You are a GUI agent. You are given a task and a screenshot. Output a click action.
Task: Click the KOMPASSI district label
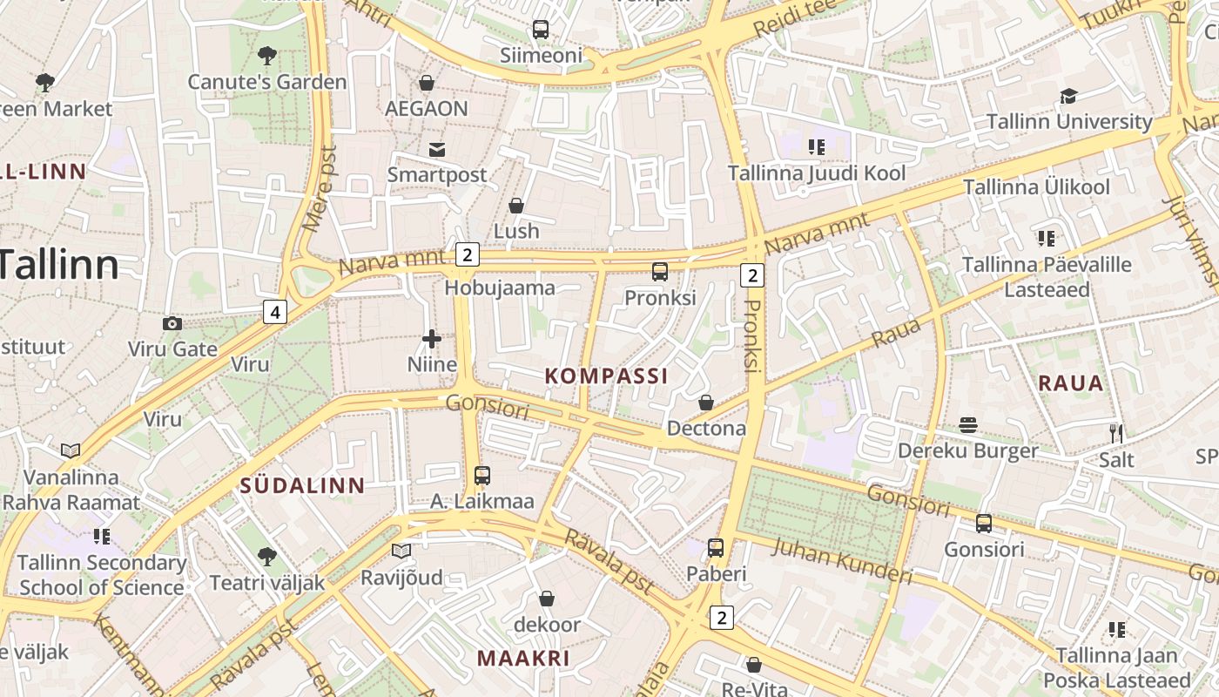[606, 376]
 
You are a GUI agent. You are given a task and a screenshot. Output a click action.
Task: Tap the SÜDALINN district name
[302, 486]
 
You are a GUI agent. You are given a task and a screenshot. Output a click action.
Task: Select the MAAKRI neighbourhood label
[523, 658]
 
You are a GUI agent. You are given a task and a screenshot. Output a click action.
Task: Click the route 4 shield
[275, 311]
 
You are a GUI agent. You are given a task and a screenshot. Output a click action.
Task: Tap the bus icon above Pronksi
[660, 271]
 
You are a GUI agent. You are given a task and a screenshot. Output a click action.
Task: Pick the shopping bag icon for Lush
[516, 206]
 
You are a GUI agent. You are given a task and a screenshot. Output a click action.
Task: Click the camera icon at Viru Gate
[172, 324]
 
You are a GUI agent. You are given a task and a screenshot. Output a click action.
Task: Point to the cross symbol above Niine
[432, 339]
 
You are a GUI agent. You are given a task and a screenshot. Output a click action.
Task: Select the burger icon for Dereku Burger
[968, 425]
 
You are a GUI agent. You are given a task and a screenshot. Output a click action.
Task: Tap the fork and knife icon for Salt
[1116, 433]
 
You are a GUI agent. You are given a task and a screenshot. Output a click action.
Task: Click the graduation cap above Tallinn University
[1068, 96]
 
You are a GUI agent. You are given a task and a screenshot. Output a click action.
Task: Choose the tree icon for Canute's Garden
[267, 57]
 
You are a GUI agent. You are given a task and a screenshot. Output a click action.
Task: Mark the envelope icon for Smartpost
[437, 149]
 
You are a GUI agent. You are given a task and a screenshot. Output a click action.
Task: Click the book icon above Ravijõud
[401, 552]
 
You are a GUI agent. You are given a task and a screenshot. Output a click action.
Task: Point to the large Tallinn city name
[59, 264]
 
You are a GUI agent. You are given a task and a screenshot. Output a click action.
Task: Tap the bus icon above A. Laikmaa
[482, 476]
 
